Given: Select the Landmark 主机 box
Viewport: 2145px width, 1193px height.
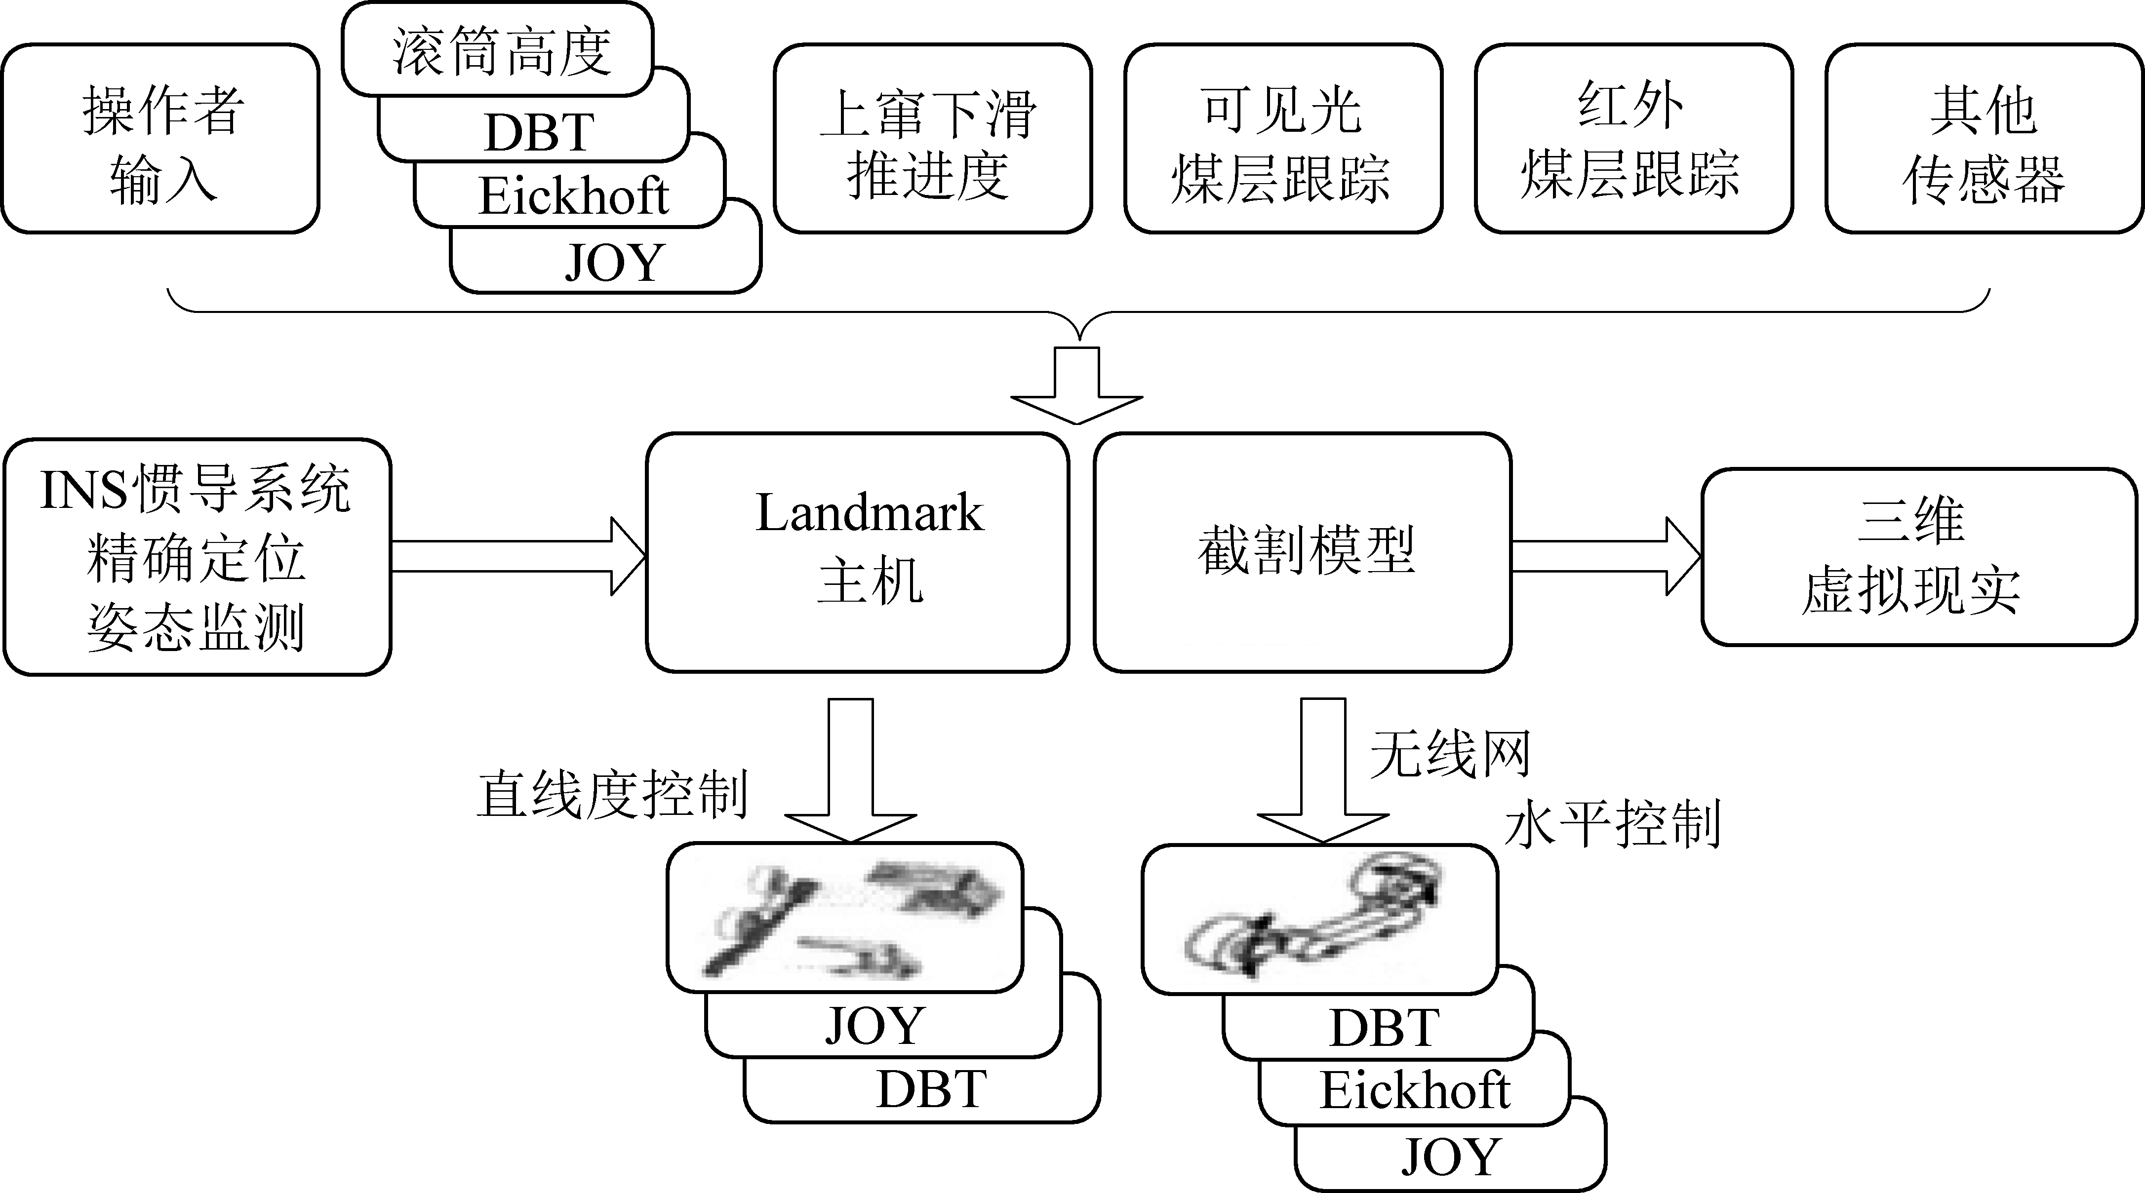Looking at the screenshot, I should [858, 551].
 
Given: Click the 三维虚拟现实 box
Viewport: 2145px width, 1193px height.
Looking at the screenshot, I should [1918, 556].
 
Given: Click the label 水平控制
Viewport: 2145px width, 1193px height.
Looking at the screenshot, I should [1612, 824].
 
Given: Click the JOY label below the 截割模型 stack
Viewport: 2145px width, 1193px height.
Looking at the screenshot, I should [1451, 1157].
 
